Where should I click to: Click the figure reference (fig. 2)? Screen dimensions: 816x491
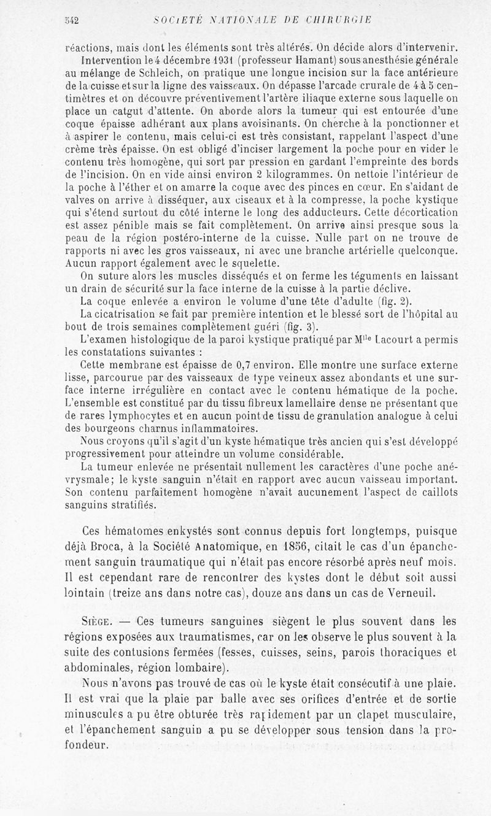pyautogui.click(x=399, y=301)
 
